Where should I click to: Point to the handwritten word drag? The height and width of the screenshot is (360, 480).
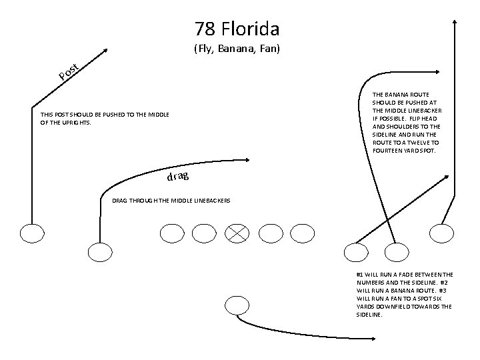click(x=177, y=177)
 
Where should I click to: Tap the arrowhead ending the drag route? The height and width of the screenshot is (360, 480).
click(x=247, y=159)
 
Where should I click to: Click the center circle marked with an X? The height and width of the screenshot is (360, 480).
click(x=237, y=232)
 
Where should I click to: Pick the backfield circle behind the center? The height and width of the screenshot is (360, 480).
click(x=237, y=305)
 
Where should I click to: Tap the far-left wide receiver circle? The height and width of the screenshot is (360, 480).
click(x=31, y=233)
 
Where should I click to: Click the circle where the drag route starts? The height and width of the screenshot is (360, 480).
click(x=101, y=252)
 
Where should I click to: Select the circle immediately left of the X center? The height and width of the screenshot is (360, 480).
click(x=204, y=232)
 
